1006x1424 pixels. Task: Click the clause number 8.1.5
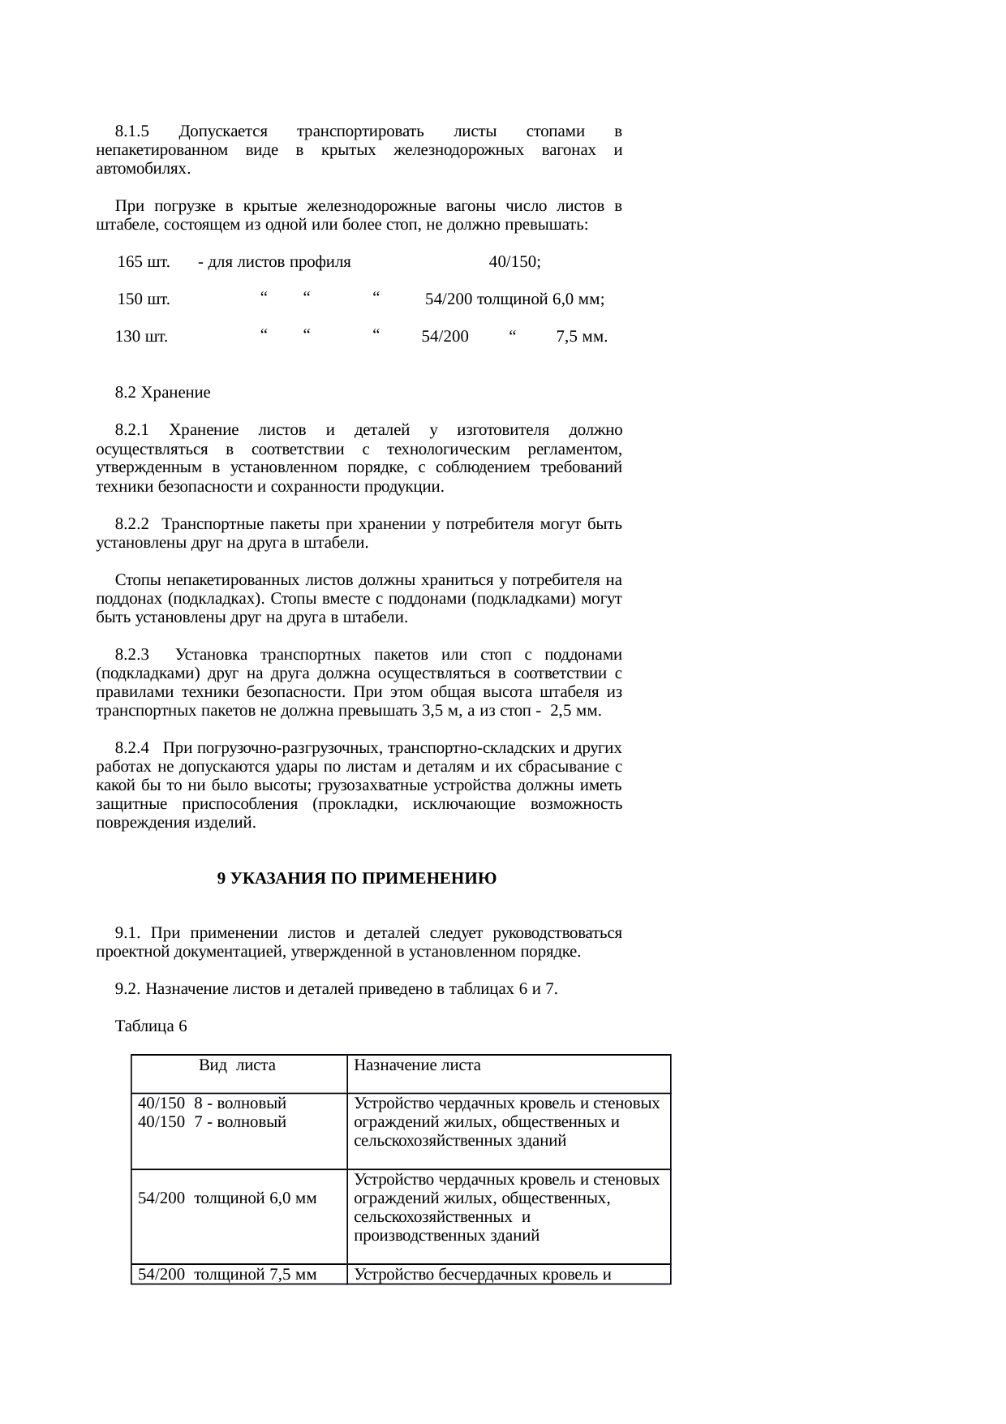(x=132, y=131)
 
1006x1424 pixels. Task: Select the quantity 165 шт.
(x=143, y=262)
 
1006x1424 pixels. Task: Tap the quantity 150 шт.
(x=143, y=299)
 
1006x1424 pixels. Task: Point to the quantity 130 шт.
(x=141, y=337)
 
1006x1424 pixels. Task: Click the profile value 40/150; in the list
(x=515, y=262)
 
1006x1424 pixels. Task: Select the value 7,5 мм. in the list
(x=582, y=337)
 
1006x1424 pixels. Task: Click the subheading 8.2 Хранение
(x=162, y=393)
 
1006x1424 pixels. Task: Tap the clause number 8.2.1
(x=132, y=430)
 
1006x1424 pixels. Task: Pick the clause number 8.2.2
(x=132, y=524)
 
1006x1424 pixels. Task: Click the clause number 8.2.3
(x=132, y=655)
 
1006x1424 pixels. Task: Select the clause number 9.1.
(x=128, y=933)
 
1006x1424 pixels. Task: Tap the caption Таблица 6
(x=151, y=1026)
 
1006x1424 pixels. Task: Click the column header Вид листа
(x=237, y=1065)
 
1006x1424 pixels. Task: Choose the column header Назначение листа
(x=417, y=1065)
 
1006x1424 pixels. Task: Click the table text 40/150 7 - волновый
(x=212, y=1122)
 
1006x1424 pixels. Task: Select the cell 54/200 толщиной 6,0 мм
(x=226, y=1198)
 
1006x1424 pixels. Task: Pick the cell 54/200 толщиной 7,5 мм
(x=226, y=1274)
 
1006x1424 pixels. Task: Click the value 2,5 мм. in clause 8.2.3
(x=575, y=711)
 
